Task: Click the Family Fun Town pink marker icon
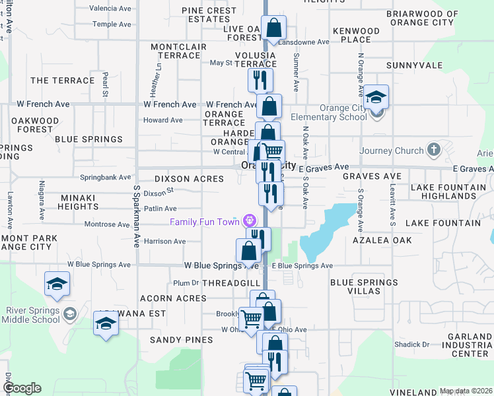(248, 220)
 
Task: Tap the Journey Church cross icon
(433, 148)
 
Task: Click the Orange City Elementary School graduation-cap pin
(376, 98)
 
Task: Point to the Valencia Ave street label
(110, 9)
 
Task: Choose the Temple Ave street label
(112, 24)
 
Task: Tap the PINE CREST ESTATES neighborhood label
(209, 15)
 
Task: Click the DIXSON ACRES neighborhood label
(188, 179)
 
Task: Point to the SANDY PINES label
(181, 340)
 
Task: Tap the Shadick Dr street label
(412, 345)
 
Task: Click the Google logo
(22, 388)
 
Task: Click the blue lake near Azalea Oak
(326, 231)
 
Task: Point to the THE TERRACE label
(63, 81)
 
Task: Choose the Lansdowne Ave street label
(303, 42)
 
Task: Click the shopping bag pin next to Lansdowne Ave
(273, 28)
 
